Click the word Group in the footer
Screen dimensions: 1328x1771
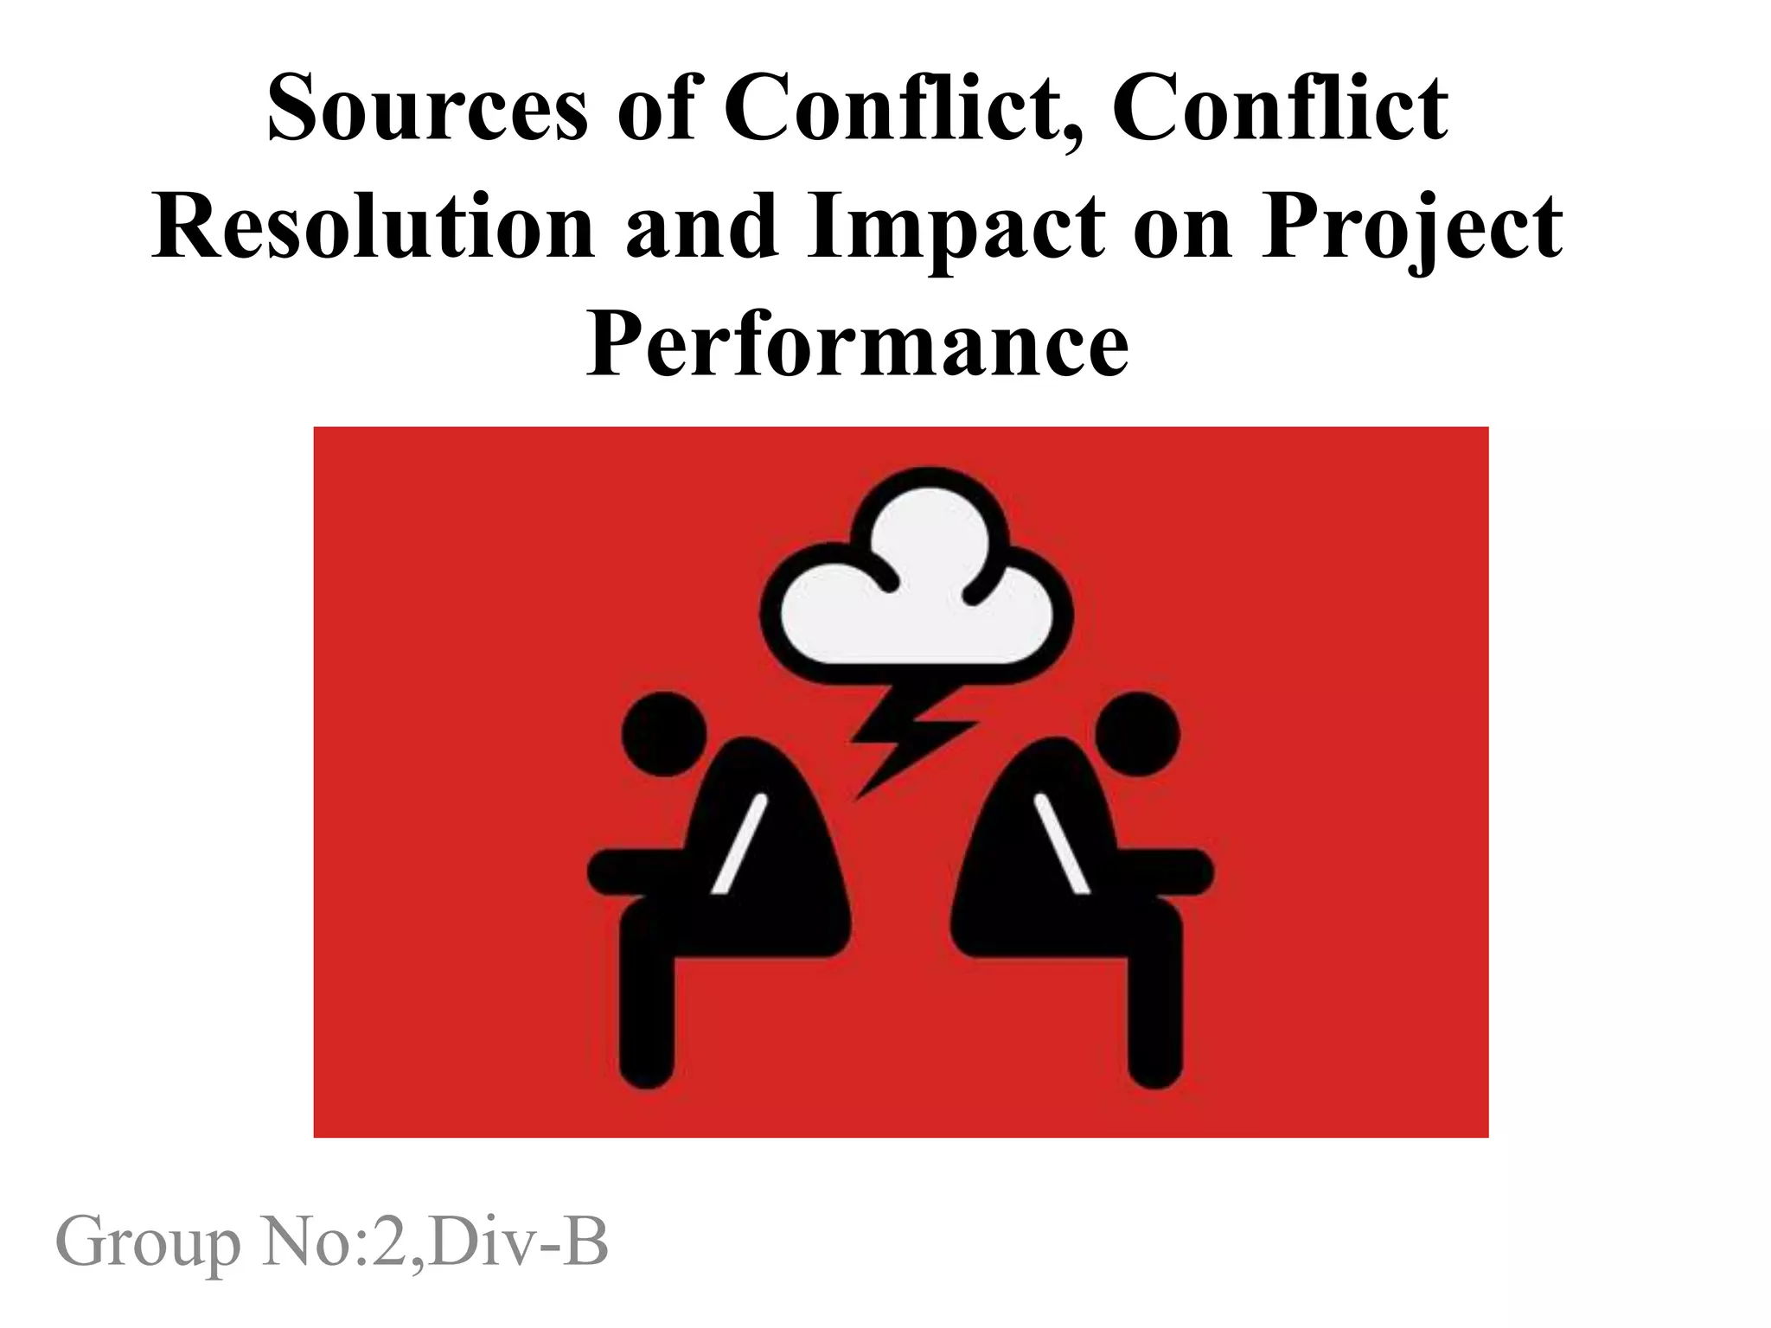point(148,1242)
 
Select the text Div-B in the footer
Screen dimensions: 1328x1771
point(518,1242)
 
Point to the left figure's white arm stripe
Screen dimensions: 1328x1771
point(740,843)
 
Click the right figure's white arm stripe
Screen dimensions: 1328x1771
point(1063,843)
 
